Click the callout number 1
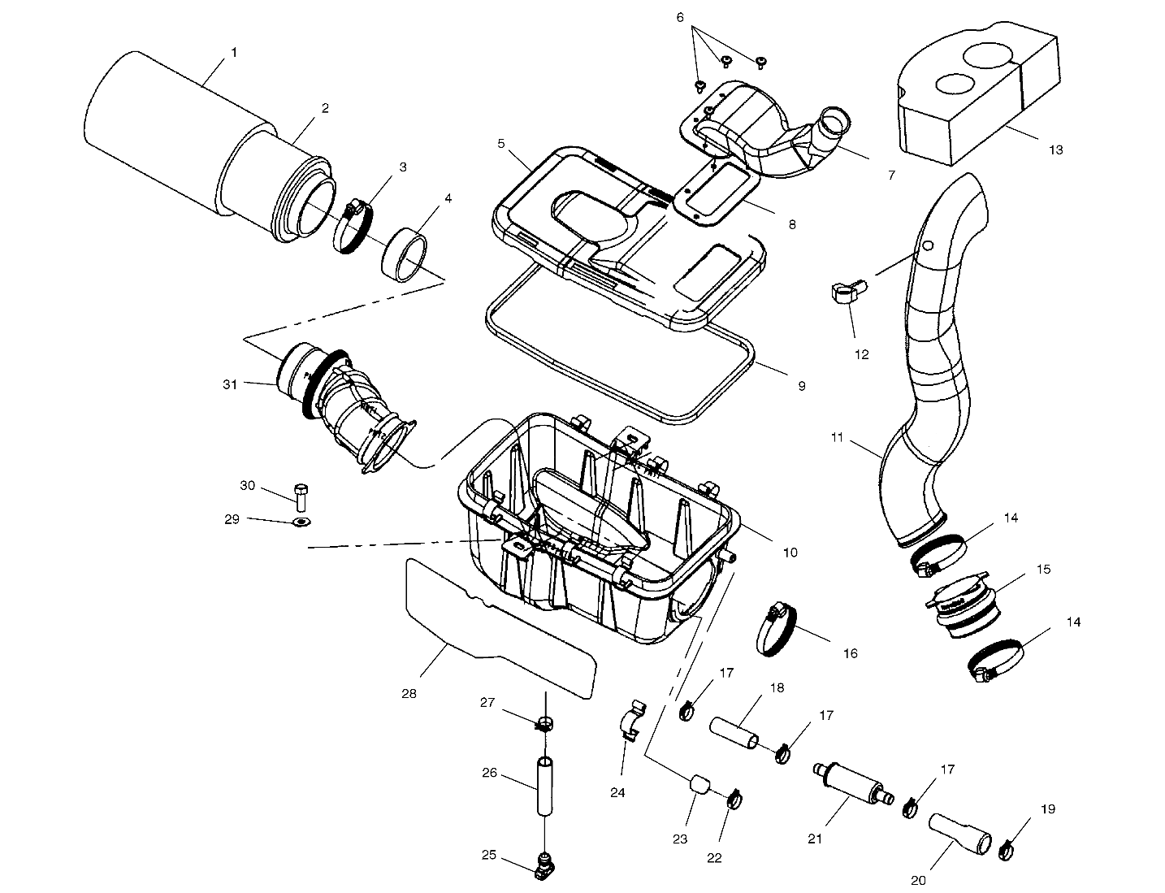(x=234, y=52)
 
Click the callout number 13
(x=1055, y=150)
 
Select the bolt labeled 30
(x=301, y=495)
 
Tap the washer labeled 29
(x=301, y=521)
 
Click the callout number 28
(x=409, y=694)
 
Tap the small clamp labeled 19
(x=1007, y=849)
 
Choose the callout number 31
(x=230, y=384)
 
